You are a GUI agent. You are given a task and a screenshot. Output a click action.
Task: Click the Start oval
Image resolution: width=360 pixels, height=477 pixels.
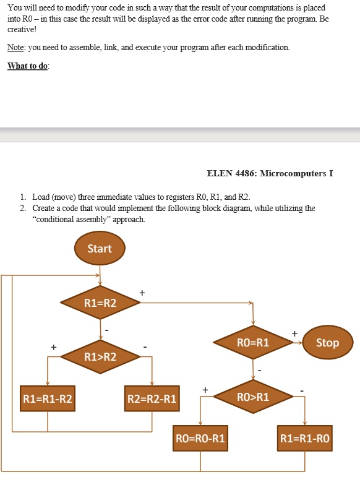pos(100,249)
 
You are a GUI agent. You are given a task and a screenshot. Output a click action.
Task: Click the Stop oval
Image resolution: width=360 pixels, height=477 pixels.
pos(327,343)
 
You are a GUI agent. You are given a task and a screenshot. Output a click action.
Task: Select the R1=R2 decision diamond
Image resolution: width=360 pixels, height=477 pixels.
pos(100,303)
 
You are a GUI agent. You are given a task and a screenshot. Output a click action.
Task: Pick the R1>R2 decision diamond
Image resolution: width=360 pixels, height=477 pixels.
pos(100,356)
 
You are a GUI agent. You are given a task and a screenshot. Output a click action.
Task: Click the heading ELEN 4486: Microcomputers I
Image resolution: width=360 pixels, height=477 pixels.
pos(270,173)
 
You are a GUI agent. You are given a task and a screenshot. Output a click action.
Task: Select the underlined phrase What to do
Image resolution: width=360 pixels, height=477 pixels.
pos(28,66)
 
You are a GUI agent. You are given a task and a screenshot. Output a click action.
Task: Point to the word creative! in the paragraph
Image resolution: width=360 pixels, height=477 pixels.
pos(23,29)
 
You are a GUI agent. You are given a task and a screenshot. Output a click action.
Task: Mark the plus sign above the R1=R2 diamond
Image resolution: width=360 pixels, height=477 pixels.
pos(142,292)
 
